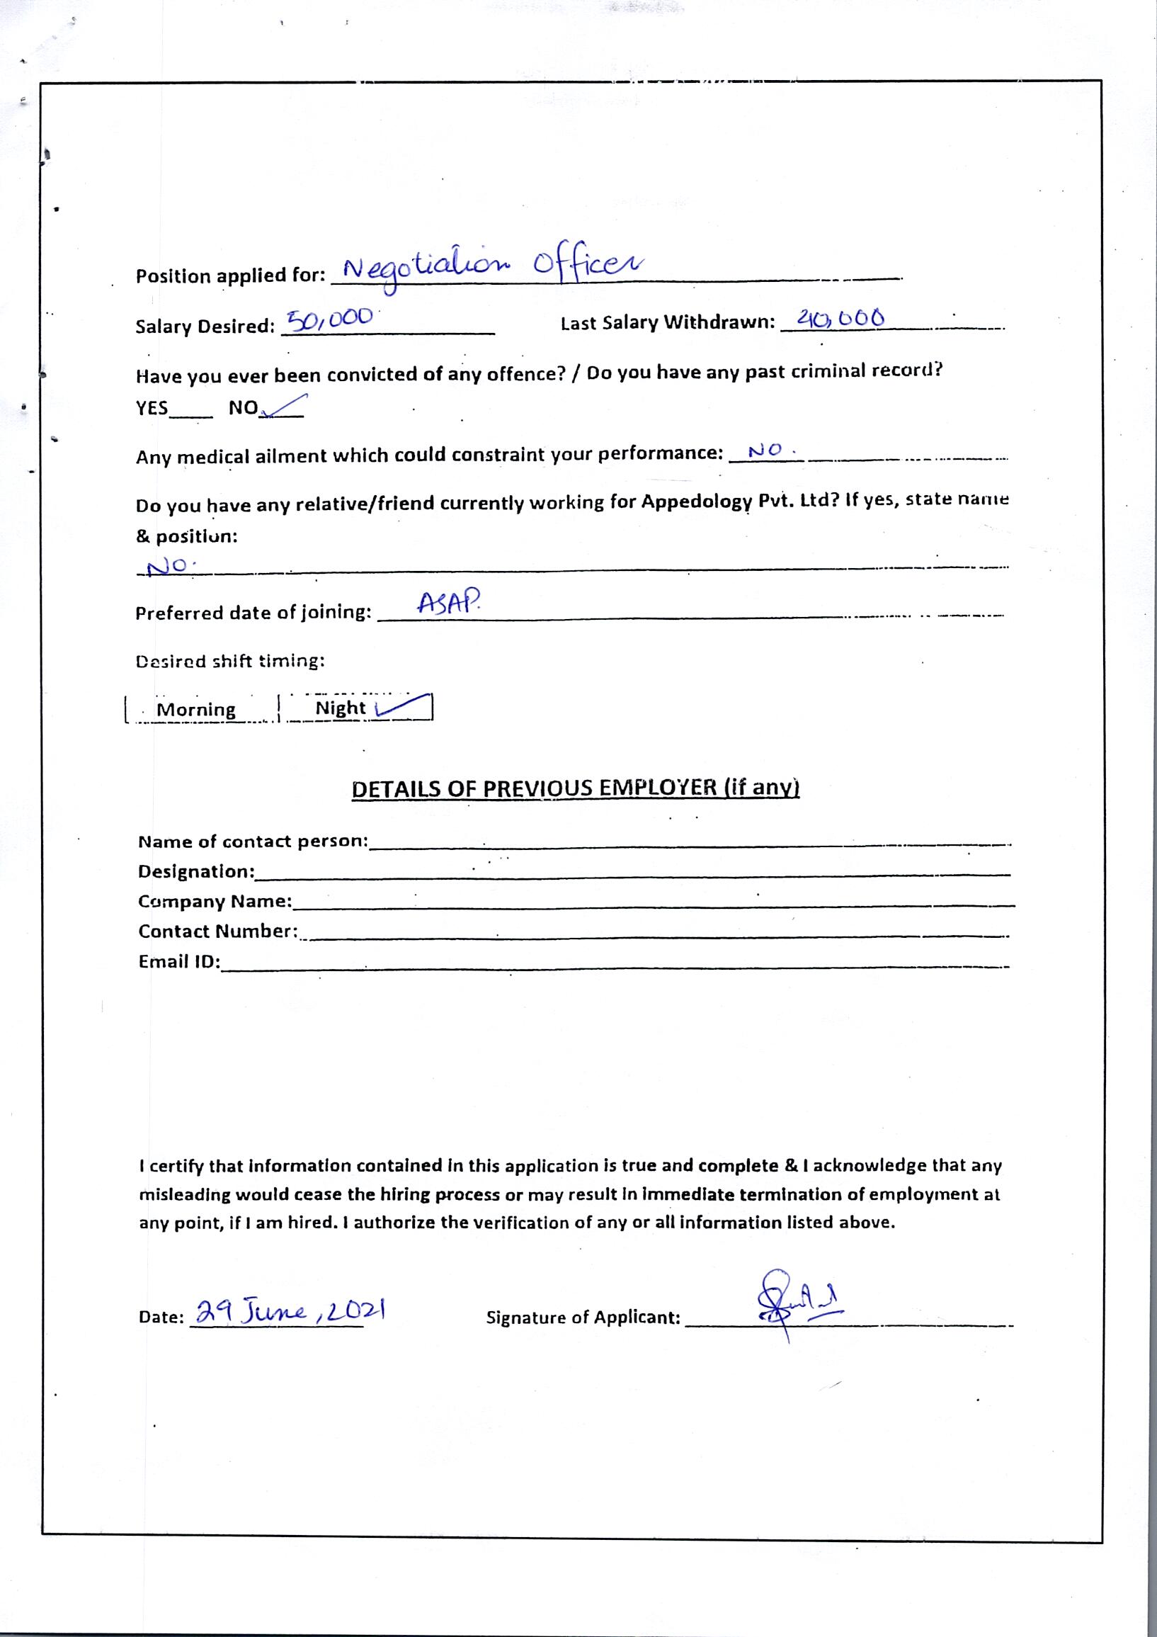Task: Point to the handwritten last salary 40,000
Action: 840,317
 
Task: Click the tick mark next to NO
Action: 285,406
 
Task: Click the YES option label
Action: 152,409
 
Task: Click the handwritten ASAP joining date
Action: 448,604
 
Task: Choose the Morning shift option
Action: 196,710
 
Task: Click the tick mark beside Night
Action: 403,705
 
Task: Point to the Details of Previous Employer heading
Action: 575,788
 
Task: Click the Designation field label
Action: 196,871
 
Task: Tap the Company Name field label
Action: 215,901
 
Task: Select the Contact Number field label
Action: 217,931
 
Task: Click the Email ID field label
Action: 179,962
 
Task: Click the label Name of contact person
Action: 252,842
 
